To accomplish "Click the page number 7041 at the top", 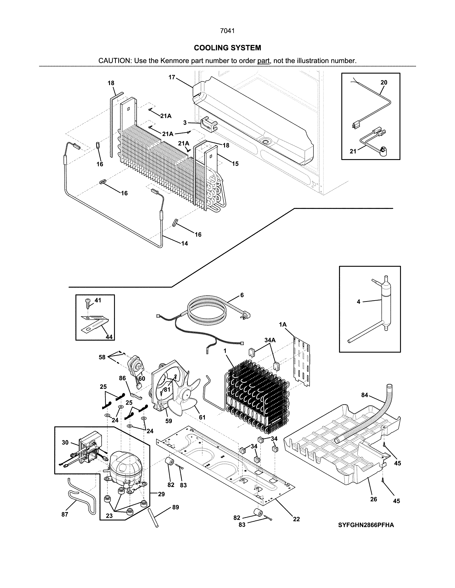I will click(x=227, y=31).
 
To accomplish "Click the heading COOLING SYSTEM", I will click(x=227, y=48).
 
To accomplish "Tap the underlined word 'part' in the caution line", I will click(x=263, y=61).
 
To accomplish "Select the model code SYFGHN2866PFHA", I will click(x=366, y=525).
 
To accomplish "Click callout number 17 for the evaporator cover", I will click(x=172, y=77).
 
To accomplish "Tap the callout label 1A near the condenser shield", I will click(x=282, y=325).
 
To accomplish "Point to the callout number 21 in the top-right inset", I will click(x=353, y=152).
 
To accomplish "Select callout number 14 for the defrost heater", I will click(x=184, y=244).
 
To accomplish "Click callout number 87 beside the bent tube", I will click(x=65, y=515).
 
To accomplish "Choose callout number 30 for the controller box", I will click(x=65, y=443).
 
